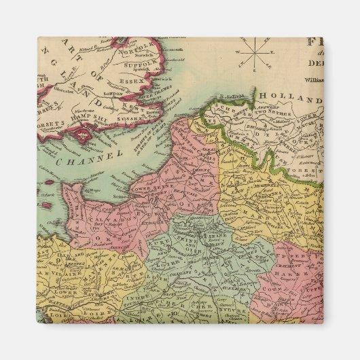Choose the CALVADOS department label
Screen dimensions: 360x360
coord(103,219)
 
